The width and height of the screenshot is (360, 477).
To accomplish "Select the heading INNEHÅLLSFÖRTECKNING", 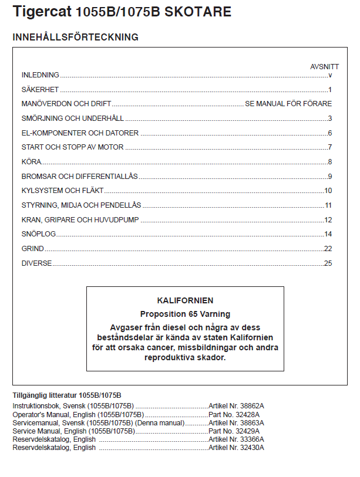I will [x=75, y=38].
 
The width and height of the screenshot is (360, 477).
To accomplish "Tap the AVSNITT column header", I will [x=324, y=66].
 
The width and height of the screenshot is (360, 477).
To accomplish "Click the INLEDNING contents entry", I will [x=41, y=75].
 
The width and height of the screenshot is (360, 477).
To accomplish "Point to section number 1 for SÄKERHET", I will [x=330, y=90].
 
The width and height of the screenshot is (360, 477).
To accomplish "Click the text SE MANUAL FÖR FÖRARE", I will [x=288, y=104].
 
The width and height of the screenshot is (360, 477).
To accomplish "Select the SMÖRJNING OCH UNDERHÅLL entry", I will [x=73, y=119].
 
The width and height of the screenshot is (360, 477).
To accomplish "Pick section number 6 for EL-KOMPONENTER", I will [x=330, y=133].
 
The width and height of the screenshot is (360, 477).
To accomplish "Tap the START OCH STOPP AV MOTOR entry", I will [x=72, y=147].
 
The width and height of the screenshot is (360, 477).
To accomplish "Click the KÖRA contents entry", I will [x=32, y=162].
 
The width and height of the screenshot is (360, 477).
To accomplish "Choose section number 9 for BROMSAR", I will [x=330, y=177].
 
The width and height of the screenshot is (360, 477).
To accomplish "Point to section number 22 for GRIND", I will [x=328, y=249].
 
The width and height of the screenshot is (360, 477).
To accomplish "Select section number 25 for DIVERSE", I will [x=328, y=263].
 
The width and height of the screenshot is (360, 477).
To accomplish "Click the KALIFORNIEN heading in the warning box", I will [x=185, y=300].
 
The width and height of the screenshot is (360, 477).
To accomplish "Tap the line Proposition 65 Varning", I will [x=185, y=314].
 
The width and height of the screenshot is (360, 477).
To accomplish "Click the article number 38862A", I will [x=254, y=406].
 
